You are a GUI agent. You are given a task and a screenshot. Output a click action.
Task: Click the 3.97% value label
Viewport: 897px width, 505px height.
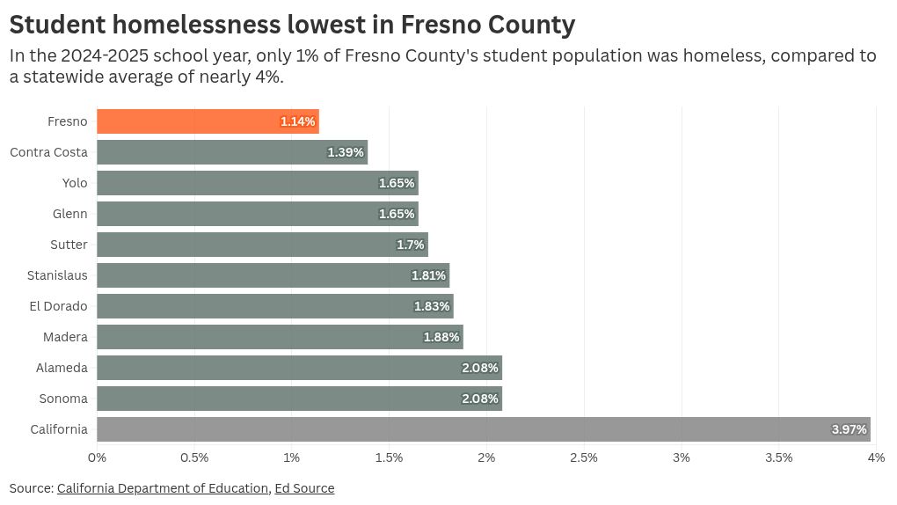pos(850,429)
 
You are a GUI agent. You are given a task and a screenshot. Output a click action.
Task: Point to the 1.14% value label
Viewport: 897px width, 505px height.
pos(298,121)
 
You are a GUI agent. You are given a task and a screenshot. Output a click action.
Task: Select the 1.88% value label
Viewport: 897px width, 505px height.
pos(441,337)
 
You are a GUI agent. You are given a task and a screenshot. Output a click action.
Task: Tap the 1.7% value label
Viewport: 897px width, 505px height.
pos(411,245)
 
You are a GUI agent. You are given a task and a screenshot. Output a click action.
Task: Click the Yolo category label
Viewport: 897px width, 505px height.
pos(75,183)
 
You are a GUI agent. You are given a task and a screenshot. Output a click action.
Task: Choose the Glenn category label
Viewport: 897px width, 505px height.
pos(70,214)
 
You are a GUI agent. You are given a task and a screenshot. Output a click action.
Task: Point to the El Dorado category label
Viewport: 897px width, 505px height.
pos(58,306)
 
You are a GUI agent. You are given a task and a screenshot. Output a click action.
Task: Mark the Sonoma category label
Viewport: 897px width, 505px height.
pos(63,399)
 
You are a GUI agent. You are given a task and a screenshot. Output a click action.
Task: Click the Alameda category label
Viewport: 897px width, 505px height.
pos(62,368)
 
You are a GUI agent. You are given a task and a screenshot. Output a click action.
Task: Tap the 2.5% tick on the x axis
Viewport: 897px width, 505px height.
pos(584,457)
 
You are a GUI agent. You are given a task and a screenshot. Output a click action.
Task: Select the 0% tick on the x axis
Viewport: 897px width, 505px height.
pos(97,457)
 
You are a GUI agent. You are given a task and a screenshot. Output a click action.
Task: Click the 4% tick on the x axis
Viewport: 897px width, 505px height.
pos(876,457)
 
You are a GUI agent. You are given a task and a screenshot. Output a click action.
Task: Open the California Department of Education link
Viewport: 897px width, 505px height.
pos(163,488)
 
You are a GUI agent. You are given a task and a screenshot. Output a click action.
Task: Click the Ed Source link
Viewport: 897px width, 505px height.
pos(304,488)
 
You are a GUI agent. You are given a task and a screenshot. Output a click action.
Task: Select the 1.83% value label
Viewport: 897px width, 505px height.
pos(432,306)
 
